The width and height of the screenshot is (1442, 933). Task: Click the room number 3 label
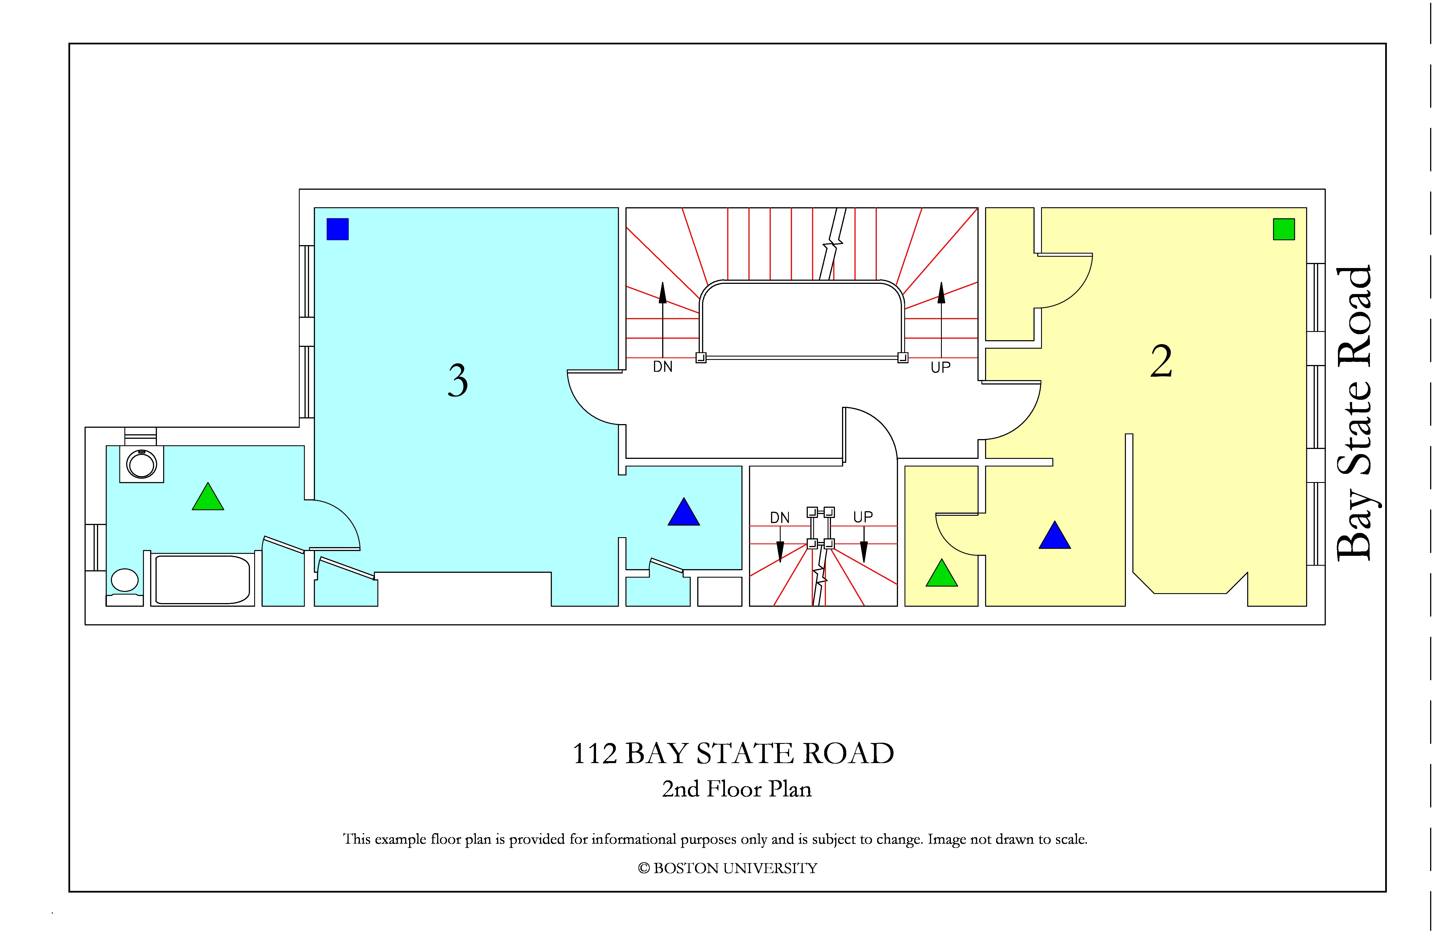coord(458,381)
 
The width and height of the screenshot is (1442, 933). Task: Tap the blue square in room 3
coord(338,229)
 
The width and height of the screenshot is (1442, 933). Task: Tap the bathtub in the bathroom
coord(202,580)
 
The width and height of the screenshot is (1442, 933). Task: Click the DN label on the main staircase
coord(663,366)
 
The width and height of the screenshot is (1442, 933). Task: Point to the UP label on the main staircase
coord(940,367)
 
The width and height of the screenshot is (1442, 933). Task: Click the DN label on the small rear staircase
coord(780,518)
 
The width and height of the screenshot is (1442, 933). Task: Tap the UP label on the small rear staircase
coord(863,517)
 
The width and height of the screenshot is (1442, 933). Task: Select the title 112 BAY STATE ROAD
coord(733,754)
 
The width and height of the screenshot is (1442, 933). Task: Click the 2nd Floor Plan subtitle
coord(736,789)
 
